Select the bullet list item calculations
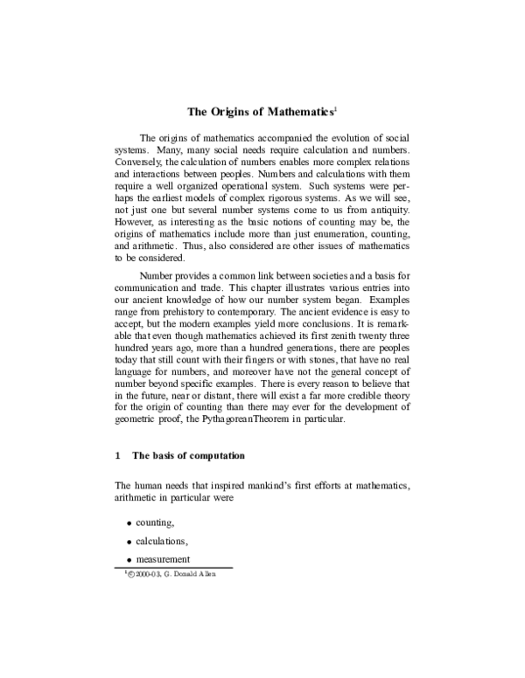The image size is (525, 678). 161,541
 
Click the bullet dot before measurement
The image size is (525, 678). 129,561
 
